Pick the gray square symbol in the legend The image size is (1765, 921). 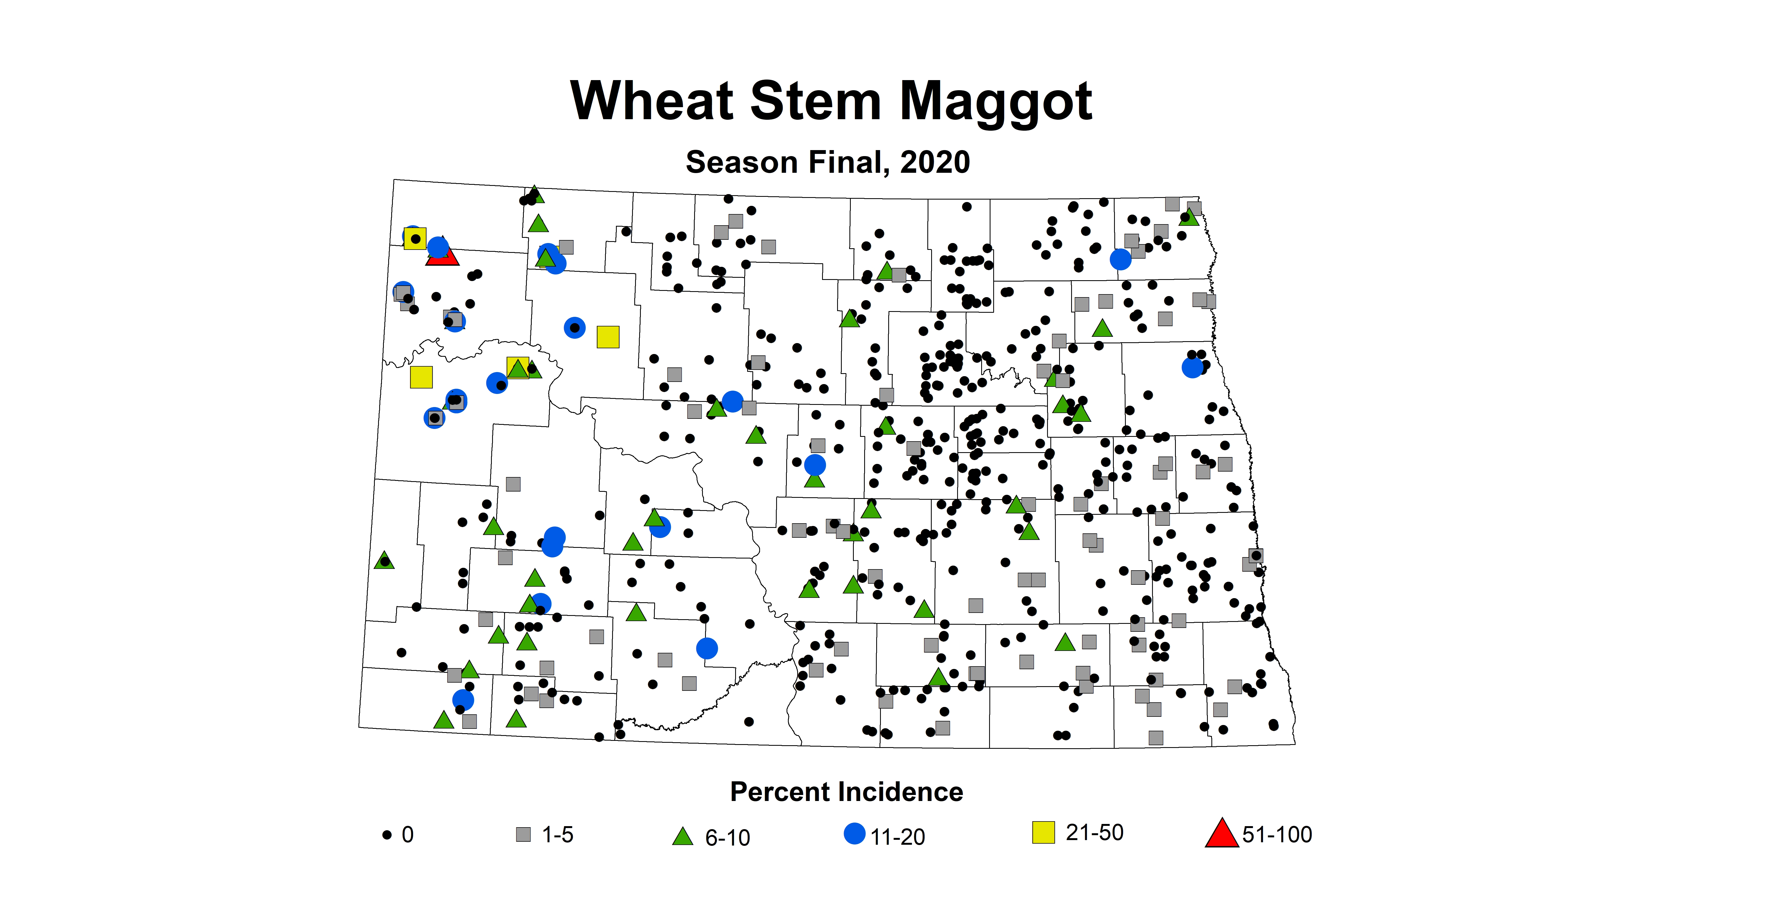click(x=523, y=835)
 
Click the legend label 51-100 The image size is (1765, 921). click(x=1277, y=835)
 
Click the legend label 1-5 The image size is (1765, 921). click(x=558, y=835)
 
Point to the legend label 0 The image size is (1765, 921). click(x=408, y=835)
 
